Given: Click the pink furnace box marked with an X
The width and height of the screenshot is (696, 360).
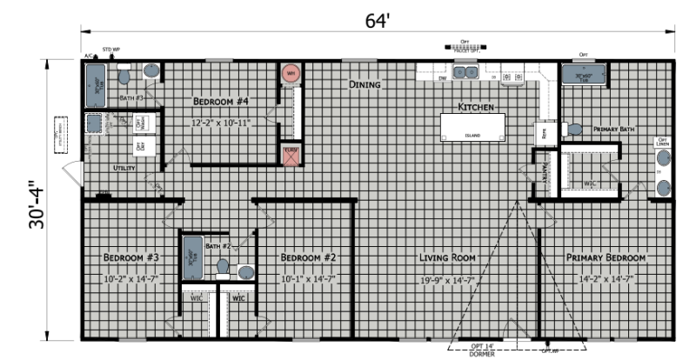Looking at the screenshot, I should [291, 155].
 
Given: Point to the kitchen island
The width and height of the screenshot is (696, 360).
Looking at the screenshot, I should [472, 127].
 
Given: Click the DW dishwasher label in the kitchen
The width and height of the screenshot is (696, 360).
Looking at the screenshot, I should [443, 78].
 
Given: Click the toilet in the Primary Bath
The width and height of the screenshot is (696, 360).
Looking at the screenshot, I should [574, 129].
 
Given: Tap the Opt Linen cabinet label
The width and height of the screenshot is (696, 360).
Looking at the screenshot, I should [662, 141].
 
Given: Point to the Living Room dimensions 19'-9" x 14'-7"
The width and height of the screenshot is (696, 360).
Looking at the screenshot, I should [447, 279].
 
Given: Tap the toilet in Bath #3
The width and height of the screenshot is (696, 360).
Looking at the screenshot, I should [124, 77].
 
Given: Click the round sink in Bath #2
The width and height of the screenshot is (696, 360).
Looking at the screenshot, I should [245, 272].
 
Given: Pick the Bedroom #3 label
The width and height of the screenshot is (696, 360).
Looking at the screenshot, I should [130, 258].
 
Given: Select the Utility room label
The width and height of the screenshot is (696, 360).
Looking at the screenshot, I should [124, 168].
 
